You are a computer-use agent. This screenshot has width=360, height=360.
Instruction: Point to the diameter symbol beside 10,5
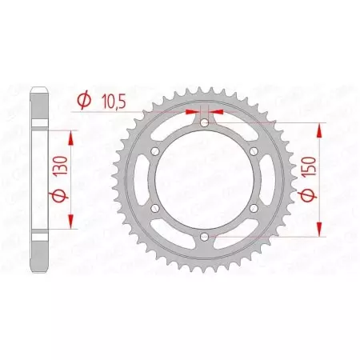click(82, 100)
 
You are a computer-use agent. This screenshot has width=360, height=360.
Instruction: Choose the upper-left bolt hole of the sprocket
click(154, 152)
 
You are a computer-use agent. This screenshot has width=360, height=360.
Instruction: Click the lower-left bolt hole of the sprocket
click(154, 209)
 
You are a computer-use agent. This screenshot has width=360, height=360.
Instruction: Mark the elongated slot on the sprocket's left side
click(142, 181)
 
